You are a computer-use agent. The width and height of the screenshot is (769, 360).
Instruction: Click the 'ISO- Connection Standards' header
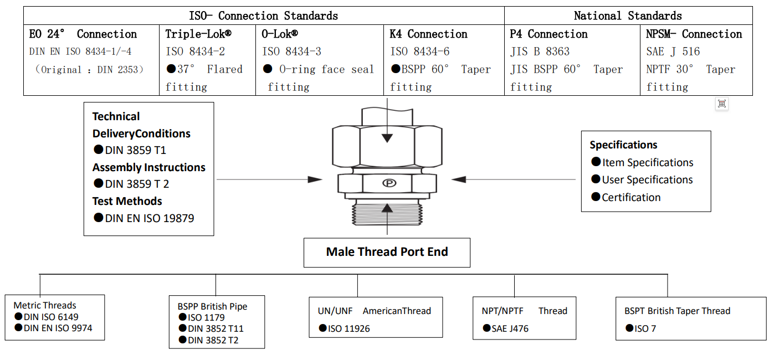(263, 16)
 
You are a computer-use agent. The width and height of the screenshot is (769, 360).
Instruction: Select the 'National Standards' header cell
(628, 16)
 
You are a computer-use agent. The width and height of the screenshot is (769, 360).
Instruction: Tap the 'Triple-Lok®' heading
(198, 34)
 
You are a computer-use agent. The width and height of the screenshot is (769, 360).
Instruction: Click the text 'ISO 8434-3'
(291, 52)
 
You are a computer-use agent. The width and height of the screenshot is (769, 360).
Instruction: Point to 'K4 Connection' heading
(428, 34)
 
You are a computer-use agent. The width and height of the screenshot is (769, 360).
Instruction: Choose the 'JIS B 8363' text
(540, 52)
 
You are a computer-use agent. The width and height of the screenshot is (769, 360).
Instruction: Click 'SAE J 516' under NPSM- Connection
(673, 52)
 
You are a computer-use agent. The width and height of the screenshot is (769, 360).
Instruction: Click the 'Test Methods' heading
(127, 201)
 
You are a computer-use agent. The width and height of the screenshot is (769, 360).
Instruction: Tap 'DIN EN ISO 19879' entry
(149, 218)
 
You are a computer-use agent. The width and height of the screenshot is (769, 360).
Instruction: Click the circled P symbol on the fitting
(389, 183)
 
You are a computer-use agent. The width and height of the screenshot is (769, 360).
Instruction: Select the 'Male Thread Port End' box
(387, 252)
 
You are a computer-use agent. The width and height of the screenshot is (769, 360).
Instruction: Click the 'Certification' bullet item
(631, 197)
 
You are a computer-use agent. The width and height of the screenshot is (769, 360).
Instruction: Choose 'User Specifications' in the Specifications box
(647, 180)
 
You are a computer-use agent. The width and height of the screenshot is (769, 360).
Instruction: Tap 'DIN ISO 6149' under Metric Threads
(51, 317)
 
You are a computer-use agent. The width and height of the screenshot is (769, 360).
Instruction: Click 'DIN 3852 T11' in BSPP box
(216, 328)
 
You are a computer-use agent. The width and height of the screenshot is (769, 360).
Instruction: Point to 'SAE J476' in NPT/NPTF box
(510, 328)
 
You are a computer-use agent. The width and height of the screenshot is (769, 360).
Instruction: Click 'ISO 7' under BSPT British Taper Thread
(645, 328)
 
